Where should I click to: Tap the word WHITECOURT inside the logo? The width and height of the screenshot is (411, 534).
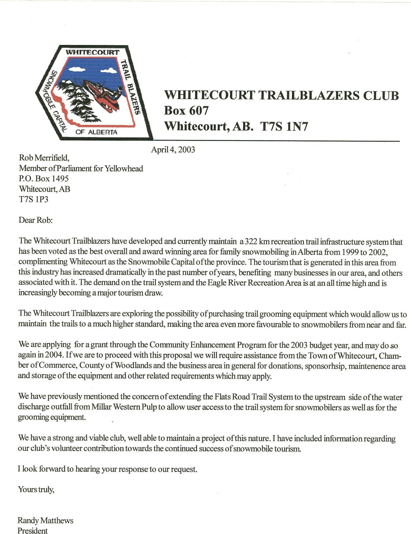92,52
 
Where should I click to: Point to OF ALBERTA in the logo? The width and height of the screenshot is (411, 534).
96,132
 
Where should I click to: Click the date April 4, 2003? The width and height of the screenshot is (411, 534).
173,150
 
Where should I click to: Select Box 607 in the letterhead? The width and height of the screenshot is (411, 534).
186,111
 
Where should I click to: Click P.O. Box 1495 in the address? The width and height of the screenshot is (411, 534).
44,179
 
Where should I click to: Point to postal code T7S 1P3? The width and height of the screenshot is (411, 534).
33,199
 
